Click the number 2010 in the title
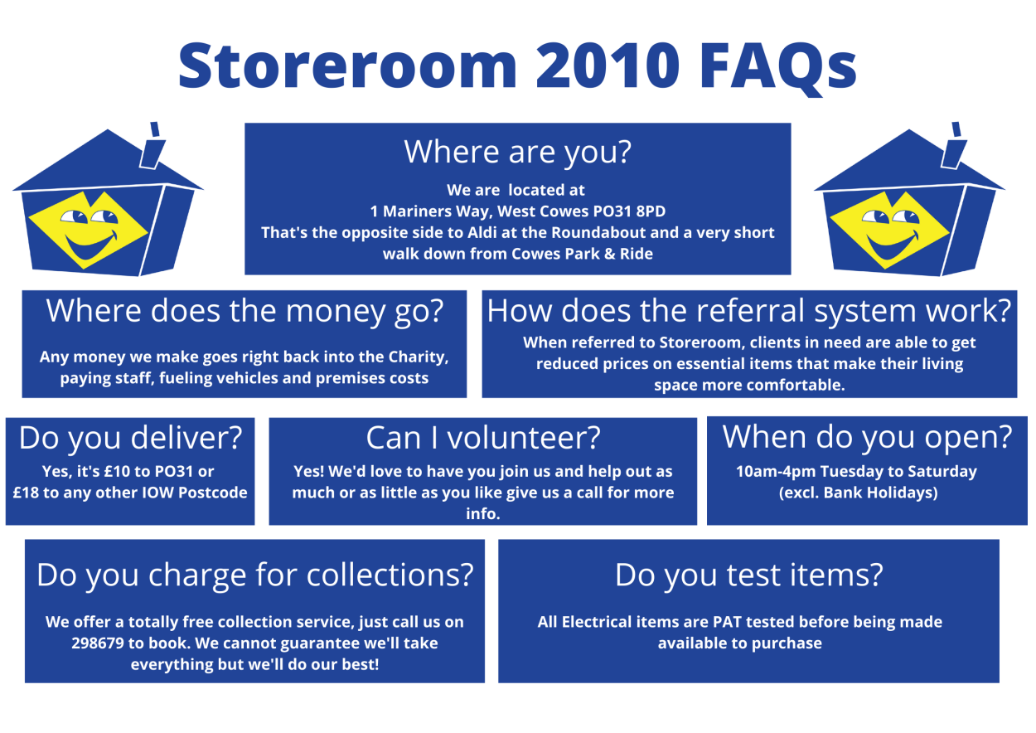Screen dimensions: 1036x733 pos(608,66)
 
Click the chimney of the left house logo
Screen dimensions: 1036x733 pos(152,147)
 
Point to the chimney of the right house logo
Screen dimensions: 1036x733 pos(954,147)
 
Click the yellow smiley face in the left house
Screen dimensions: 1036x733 pos(88,230)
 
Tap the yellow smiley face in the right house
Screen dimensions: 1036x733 pos(889,230)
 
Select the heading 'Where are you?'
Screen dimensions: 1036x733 pos(517,152)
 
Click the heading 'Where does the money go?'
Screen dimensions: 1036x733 pos(244,311)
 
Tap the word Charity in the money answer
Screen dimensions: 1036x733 pos(418,357)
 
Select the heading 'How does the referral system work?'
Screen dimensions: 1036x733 pos(749,310)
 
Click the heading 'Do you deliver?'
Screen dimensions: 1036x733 pos(130,439)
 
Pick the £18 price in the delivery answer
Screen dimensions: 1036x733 pos(26,493)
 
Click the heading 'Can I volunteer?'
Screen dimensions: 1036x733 pos(483,438)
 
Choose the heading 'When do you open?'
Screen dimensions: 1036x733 pos(867,437)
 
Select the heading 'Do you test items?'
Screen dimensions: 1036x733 pos(748,575)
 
